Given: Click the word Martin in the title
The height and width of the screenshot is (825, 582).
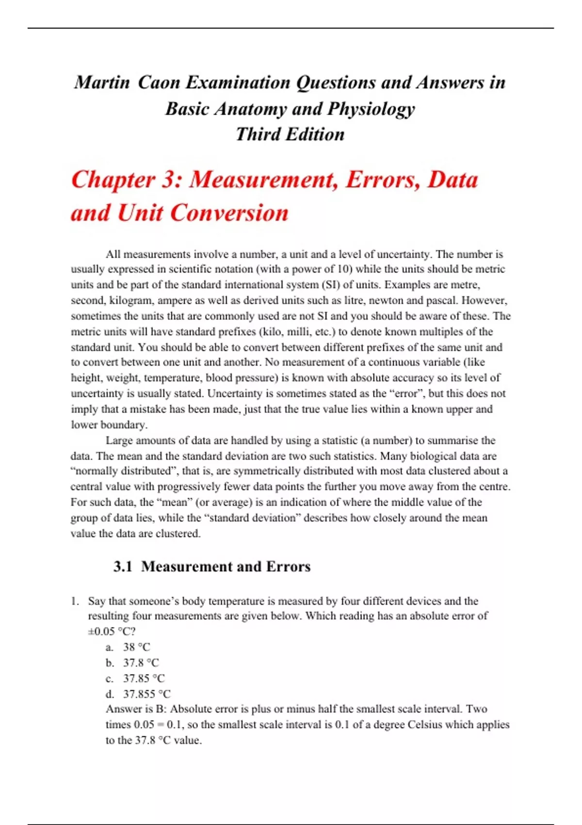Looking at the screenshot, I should (102, 82).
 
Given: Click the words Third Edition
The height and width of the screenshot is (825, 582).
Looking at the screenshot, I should (290, 134).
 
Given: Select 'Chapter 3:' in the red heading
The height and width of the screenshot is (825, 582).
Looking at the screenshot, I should (126, 180).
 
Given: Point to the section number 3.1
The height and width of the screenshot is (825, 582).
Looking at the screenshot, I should (123, 566).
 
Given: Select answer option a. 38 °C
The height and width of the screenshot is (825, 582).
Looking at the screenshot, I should (129, 647).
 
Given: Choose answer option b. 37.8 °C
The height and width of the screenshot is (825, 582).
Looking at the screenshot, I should (132, 662).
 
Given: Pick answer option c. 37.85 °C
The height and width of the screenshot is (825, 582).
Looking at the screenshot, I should (135, 678).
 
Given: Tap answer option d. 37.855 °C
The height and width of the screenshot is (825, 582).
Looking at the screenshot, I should (138, 694).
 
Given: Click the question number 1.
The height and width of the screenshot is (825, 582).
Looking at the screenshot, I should (75, 601).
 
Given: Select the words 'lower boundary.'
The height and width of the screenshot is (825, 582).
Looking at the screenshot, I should (109, 425).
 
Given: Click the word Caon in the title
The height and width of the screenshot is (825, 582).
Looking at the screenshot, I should (158, 82).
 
